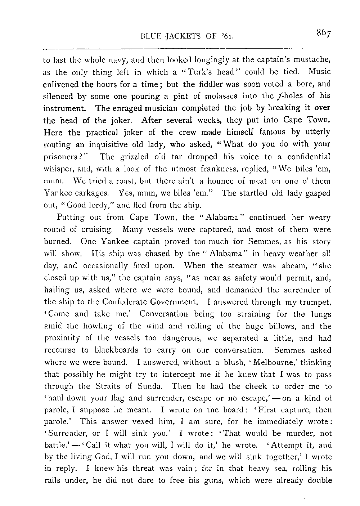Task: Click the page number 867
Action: [324, 33]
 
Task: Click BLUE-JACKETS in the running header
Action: [165, 36]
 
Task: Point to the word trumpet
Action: [314, 302]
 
